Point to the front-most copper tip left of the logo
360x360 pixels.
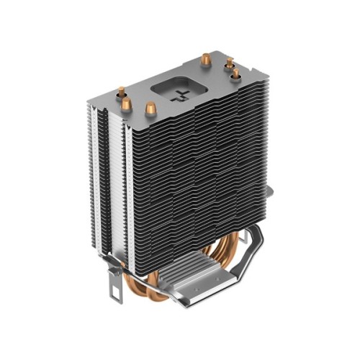click(150, 109)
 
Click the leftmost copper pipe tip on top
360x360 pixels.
click(122, 92)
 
